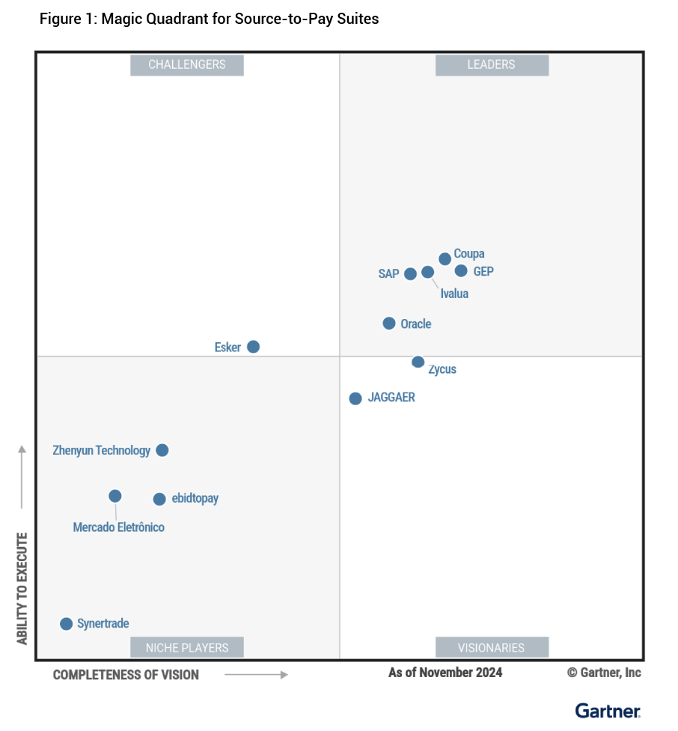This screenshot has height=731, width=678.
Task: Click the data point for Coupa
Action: [445, 258]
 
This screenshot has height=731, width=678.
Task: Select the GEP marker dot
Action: [461, 271]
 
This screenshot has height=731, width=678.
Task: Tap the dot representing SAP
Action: [410, 273]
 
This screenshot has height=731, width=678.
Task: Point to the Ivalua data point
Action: [427, 272]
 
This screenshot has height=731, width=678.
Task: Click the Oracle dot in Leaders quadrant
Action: [389, 324]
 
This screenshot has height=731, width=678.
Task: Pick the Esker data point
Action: [253, 347]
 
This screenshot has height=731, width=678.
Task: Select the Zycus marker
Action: [418, 362]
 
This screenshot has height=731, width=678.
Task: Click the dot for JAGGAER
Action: [355, 398]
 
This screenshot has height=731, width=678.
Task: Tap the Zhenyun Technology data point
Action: [162, 450]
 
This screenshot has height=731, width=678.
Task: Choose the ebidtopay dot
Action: [159, 499]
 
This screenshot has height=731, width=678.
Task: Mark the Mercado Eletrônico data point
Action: [114, 496]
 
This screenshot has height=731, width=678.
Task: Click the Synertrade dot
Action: [66, 623]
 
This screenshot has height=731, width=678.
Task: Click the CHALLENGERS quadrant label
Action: [187, 64]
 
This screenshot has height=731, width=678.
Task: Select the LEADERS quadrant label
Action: [492, 64]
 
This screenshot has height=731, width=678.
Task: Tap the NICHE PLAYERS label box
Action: [187, 647]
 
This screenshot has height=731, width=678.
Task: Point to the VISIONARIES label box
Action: [492, 647]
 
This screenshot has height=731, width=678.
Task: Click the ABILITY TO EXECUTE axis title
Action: [22, 588]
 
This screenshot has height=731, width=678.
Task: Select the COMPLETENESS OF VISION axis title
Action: [126, 675]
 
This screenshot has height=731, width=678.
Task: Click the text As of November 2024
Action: [445, 672]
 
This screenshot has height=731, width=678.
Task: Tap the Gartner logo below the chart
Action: [608, 710]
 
